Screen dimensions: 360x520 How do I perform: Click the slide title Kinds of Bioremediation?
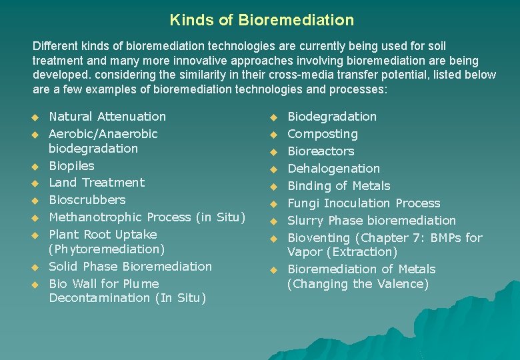tap(261, 20)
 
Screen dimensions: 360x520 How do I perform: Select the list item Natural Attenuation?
tap(107, 117)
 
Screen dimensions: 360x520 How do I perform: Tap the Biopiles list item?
tap(71, 166)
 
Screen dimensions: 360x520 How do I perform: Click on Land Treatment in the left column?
tap(97, 183)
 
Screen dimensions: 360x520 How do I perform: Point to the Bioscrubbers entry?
tap(87, 200)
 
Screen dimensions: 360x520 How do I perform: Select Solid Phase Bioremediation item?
tap(130, 267)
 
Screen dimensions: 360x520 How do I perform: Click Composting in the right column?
tap(322, 134)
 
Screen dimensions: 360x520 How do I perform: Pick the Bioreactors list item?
tap(321, 151)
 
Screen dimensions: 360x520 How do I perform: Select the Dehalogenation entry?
tap(333, 169)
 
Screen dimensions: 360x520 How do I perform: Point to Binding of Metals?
tap(339, 186)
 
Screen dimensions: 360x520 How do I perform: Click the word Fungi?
tap(303, 203)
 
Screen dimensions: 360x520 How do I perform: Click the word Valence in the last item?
tap(402, 284)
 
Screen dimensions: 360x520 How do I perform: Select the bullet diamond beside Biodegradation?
tap(273, 117)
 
